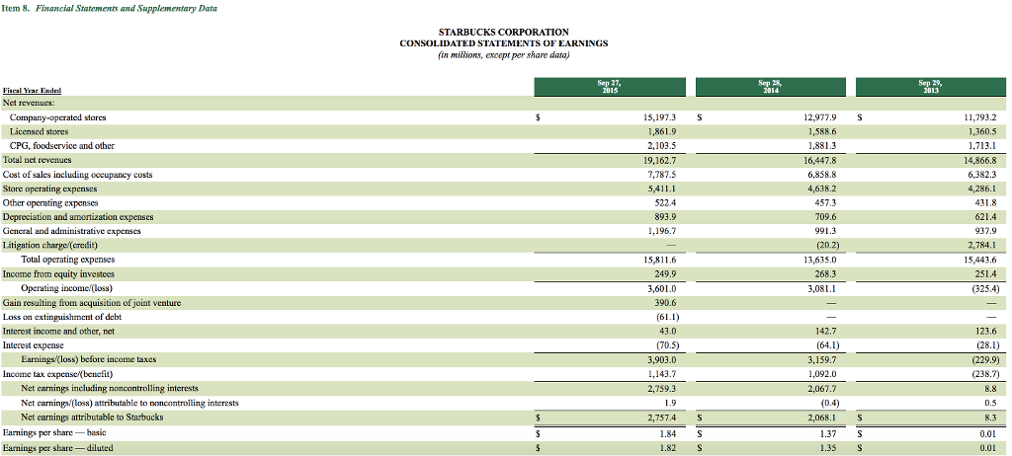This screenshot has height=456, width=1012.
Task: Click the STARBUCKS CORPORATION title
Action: click(x=503, y=32)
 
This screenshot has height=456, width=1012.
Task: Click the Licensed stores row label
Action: click(x=39, y=130)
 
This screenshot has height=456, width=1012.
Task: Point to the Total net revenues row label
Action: click(x=40, y=159)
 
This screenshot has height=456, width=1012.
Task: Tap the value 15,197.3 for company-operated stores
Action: click(x=658, y=116)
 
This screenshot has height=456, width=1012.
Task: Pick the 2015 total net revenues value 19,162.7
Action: click(x=658, y=159)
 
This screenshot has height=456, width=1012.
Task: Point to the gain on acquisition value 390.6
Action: click(x=662, y=302)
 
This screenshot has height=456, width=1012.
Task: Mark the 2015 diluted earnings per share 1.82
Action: click(x=666, y=447)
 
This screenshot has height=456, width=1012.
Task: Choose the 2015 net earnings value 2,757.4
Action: click(x=659, y=418)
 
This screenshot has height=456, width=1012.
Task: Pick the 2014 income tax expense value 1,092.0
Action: click(x=821, y=374)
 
